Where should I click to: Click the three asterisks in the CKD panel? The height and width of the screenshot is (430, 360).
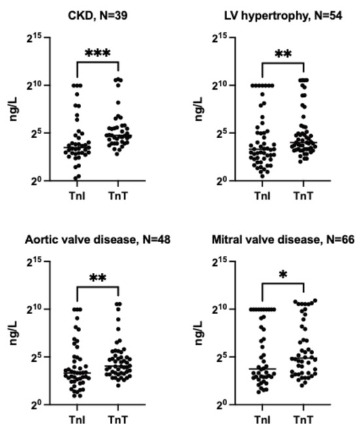(x=98, y=52)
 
